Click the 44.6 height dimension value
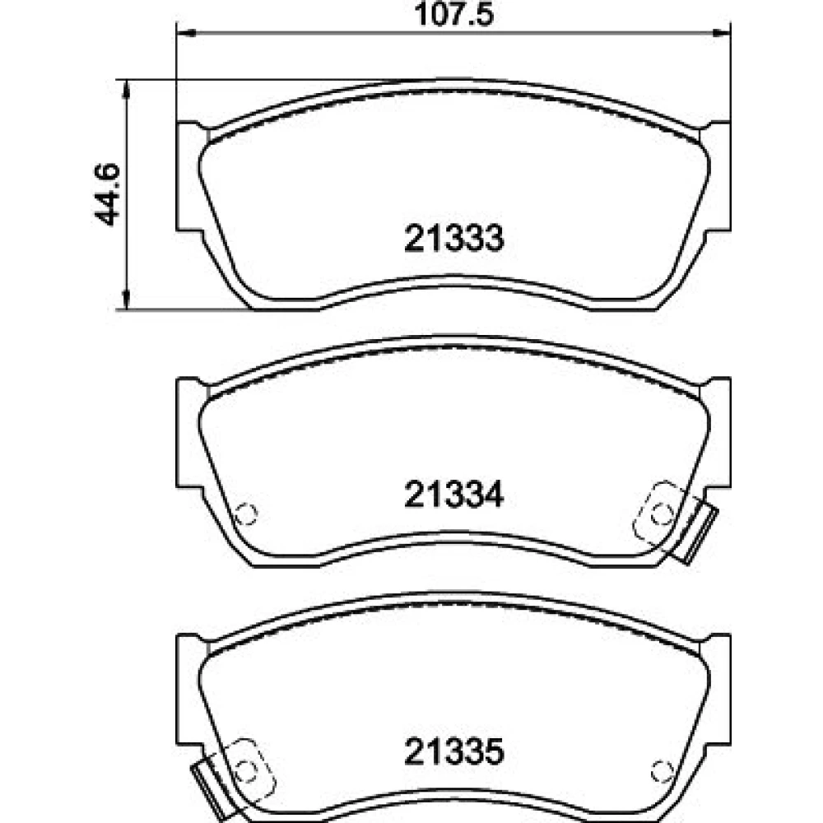107,195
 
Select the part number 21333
454,239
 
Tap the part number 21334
454,495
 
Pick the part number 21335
454,751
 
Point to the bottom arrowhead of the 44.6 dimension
126,300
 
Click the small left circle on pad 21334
245,514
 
